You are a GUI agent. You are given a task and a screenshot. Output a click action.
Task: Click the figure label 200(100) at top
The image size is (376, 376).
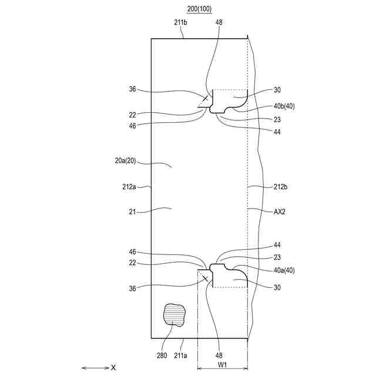[199, 9]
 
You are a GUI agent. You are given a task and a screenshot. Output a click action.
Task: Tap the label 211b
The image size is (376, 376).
[180, 22]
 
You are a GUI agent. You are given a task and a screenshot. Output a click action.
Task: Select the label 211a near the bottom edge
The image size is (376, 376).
[180, 355]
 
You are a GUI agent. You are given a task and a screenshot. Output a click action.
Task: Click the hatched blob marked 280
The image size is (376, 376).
[174, 315]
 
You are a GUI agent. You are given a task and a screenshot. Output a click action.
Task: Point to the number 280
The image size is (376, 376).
[162, 355]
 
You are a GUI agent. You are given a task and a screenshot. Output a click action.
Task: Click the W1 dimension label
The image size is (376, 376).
[222, 365]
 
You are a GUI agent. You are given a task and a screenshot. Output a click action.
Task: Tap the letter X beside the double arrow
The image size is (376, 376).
[113, 367]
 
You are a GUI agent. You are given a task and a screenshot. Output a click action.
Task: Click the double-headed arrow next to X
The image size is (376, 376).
[95, 368]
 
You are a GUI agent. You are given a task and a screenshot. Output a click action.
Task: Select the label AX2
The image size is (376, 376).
[280, 211]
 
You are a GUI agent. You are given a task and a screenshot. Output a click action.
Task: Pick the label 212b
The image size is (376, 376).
[280, 187]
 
